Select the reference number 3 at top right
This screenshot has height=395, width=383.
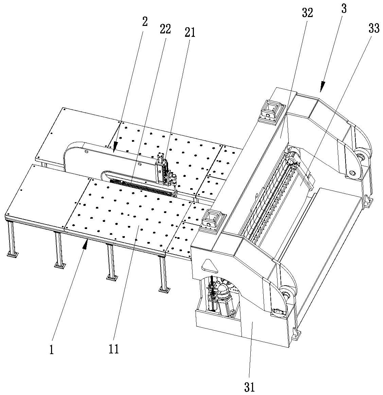[344, 9]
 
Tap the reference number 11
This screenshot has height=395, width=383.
[114, 349]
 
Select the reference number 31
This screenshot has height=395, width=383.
[250, 386]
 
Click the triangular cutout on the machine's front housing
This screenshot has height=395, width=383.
[207, 264]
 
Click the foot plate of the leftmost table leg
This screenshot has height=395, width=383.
[12, 254]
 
